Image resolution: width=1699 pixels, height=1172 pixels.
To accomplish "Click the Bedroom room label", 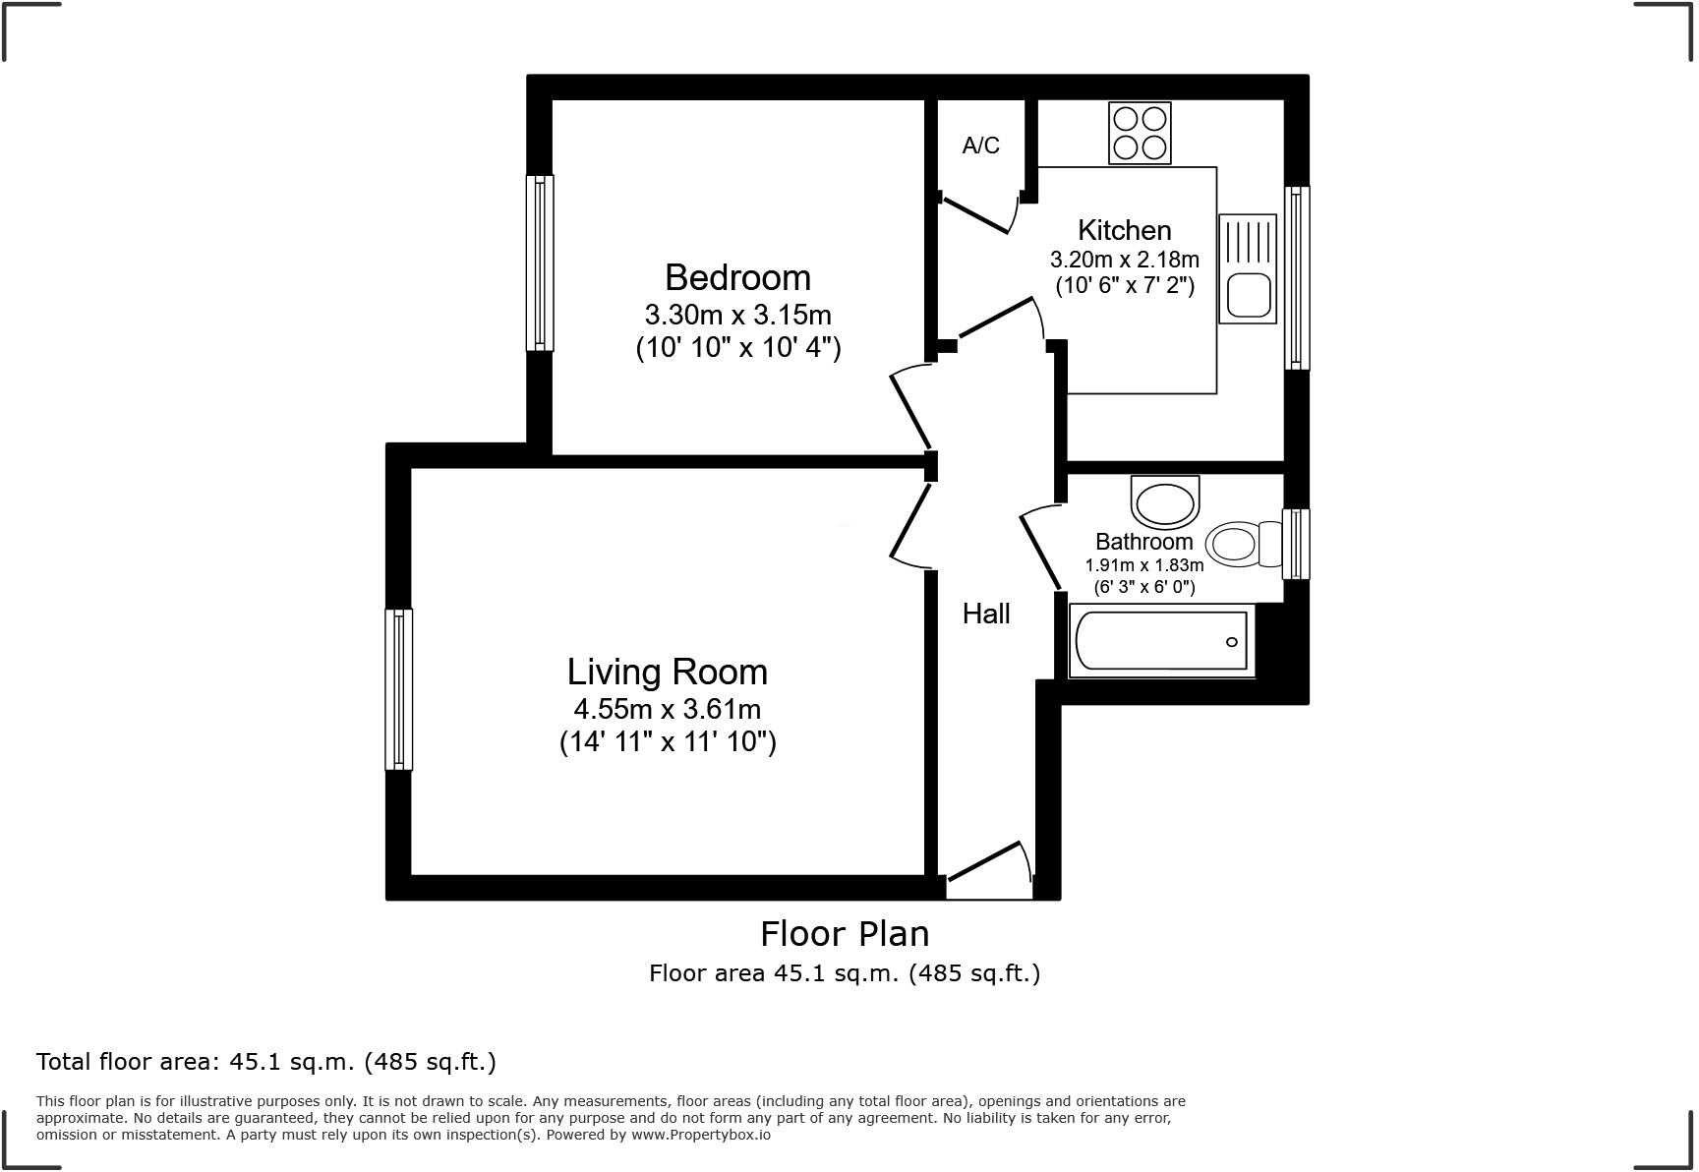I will tap(737, 277).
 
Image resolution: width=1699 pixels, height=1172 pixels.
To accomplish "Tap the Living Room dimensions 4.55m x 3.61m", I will tap(667, 709).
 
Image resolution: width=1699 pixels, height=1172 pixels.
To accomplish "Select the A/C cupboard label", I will tap(980, 146).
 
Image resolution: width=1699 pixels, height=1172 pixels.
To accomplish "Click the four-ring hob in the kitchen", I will tap(1140, 133).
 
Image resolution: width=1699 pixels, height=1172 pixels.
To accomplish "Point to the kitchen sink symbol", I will tap(1248, 268).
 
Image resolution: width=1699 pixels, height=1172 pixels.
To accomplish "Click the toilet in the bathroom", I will tap(1244, 543).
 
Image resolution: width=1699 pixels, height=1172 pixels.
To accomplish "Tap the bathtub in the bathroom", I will tap(1161, 641).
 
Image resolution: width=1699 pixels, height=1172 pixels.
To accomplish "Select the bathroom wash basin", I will tap(1165, 502).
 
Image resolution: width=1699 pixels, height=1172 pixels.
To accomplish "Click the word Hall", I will tap(985, 614).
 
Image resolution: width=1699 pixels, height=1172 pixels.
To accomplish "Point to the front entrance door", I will tap(989, 865).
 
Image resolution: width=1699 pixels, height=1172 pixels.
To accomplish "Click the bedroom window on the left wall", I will tap(540, 263).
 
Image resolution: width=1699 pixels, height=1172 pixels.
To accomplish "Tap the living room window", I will tap(398, 688).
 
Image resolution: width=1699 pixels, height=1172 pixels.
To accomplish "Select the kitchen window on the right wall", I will tap(1298, 278).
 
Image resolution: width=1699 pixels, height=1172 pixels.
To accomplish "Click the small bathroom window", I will tap(1297, 543).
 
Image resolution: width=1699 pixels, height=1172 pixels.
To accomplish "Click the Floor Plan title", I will tap(845, 933).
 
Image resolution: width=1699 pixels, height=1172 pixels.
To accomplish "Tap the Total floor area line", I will tap(265, 1062).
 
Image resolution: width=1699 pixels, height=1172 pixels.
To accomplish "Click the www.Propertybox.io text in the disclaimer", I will tap(701, 1135).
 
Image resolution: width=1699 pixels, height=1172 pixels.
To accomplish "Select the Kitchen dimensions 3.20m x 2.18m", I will tap(1124, 260).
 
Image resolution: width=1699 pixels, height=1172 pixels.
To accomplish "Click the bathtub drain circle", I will tap(1232, 642).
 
